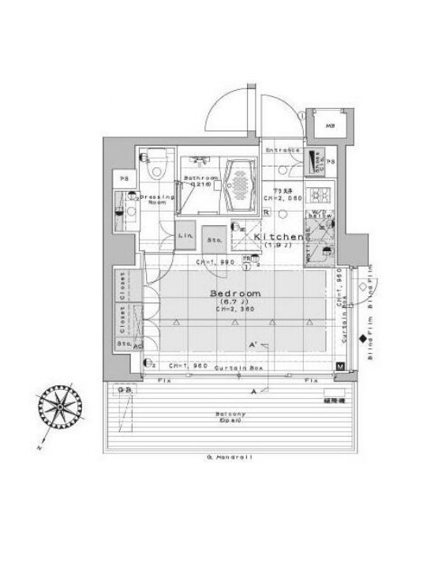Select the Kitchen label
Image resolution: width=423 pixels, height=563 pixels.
click(x=279, y=237)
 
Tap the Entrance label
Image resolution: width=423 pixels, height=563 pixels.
click(x=282, y=150)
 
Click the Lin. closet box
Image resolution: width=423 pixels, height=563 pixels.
click(x=186, y=236)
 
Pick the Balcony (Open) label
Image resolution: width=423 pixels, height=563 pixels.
click(x=230, y=418)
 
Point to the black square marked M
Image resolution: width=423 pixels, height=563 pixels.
click(x=339, y=366)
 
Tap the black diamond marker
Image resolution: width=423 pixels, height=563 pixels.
click(x=362, y=340)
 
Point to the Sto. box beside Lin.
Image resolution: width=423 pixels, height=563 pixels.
click(x=214, y=240)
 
